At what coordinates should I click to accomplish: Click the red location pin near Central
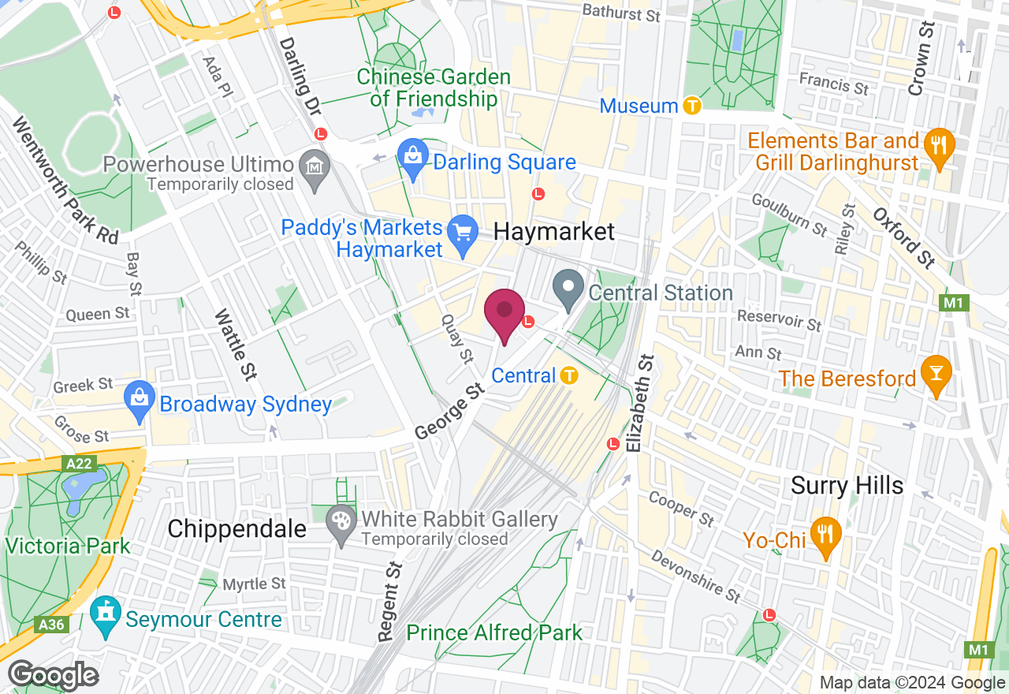pyautogui.click(x=504, y=313)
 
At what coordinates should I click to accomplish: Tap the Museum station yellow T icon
pyautogui.click(x=692, y=105)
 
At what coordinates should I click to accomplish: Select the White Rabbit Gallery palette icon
pyautogui.click(x=341, y=521)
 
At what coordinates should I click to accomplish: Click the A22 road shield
pyautogui.click(x=79, y=464)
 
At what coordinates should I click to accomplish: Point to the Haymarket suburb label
pyautogui.click(x=553, y=231)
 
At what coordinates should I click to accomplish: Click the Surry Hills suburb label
pyautogui.click(x=847, y=485)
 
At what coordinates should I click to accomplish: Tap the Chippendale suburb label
pyautogui.click(x=236, y=529)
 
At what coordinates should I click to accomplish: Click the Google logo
pyautogui.click(x=54, y=675)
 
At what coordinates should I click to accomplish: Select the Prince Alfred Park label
pyautogui.click(x=494, y=632)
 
